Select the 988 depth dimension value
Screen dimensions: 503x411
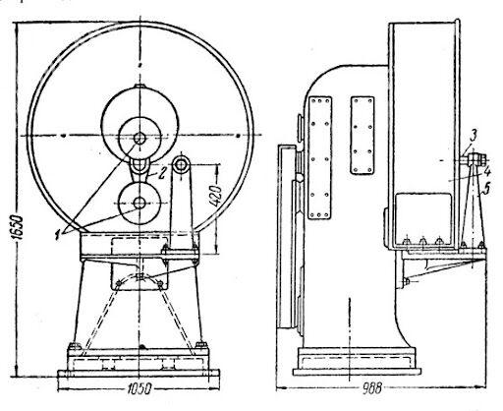point(371,389)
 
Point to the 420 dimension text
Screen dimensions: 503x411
point(216,196)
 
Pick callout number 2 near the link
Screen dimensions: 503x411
point(163,172)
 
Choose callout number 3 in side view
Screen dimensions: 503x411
point(475,136)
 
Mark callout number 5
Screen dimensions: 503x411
point(486,188)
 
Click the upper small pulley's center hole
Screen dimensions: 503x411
point(140,139)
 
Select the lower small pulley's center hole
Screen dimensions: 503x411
point(140,204)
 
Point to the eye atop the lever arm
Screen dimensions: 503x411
point(181,163)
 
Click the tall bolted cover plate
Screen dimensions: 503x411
point(319,157)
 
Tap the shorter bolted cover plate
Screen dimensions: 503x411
point(363,135)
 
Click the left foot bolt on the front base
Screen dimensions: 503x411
point(75,345)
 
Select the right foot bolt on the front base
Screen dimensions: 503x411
point(200,345)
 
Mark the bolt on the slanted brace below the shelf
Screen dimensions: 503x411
point(407,281)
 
